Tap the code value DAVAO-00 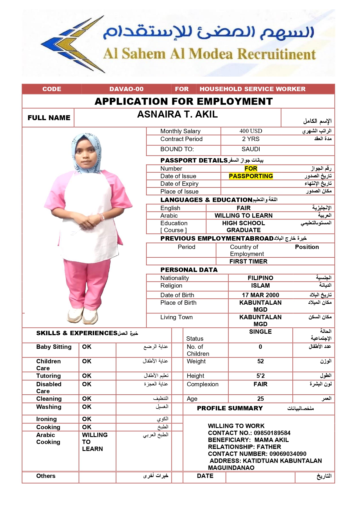tap(126, 89)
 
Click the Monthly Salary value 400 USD tap(251, 131)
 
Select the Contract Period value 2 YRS tap(251, 139)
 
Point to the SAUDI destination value tap(251, 149)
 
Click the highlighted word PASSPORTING tap(251, 176)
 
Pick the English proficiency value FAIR tap(243, 208)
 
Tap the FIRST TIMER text tap(248, 261)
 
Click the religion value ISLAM tap(260, 286)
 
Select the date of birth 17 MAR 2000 tap(260, 295)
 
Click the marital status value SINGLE tap(260, 332)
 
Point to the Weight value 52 tap(260, 361)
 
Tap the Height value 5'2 tap(260, 376)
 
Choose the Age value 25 tap(260, 399)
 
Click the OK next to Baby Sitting tap(87, 347)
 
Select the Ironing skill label tap(46, 419)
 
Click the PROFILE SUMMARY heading tap(230, 408)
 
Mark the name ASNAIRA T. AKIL tap(177, 114)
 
